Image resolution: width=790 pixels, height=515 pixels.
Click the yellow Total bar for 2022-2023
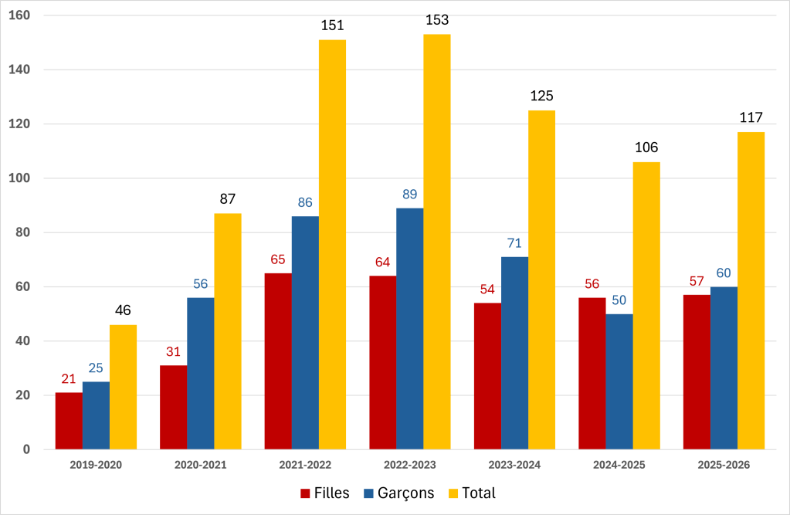tap(436, 242)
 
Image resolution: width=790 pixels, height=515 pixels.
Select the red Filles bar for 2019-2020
tap(69, 421)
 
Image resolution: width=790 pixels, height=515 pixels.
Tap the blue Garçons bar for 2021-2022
tap(305, 333)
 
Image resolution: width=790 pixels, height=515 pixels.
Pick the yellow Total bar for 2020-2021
tap(228, 331)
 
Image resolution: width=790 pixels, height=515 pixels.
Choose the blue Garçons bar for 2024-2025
tap(619, 381)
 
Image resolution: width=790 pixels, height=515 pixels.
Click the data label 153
tap(437, 20)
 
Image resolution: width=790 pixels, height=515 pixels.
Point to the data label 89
tap(409, 194)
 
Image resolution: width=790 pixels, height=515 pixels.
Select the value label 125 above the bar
tap(542, 97)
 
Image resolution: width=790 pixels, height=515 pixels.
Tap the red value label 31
tap(173, 351)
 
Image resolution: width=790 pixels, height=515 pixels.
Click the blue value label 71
tap(514, 243)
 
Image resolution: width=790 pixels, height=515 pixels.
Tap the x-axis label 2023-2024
tap(514, 465)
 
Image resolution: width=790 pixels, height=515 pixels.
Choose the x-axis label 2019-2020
tap(96, 465)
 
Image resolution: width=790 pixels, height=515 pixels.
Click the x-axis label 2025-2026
tap(724, 465)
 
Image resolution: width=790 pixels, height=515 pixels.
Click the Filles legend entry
tap(324, 493)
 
